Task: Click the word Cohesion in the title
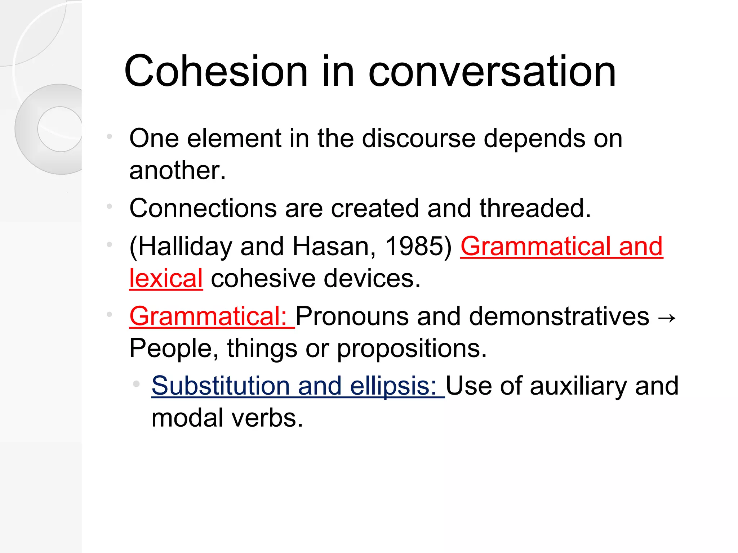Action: (216, 71)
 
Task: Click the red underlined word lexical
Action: (166, 278)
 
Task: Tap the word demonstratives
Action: (559, 316)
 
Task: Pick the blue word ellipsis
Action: (393, 386)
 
